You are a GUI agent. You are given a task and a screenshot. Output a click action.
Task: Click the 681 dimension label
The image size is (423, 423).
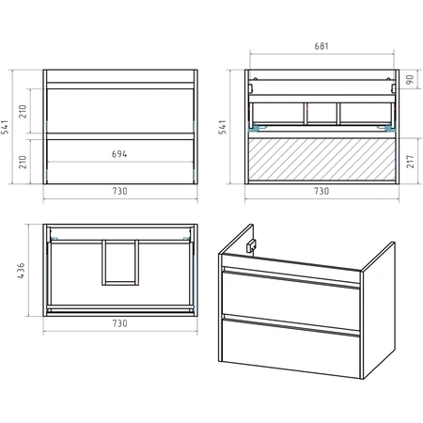click(x=321, y=46)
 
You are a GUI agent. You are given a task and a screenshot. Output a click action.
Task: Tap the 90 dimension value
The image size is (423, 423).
click(x=410, y=79)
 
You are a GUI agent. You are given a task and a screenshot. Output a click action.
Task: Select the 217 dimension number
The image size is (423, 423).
click(x=410, y=162)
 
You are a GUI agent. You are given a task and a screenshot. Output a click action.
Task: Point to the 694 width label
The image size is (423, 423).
click(x=119, y=154)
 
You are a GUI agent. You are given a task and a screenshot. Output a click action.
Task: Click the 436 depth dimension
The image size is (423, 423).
click(x=21, y=271)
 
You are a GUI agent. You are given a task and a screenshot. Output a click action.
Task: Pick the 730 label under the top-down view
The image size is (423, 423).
click(x=119, y=323)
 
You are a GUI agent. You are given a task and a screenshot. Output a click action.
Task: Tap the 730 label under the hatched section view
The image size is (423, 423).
click(x=321, y=191)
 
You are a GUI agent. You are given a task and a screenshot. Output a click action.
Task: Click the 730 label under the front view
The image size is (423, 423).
click(x=119, y=191)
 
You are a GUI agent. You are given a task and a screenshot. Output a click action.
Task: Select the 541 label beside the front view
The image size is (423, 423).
click(x=5, y=127)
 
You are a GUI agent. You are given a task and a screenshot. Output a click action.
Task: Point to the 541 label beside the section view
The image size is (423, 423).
click(x=222, y=127)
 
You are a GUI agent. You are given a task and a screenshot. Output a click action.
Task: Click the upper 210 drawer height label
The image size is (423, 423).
click(x=23, y=112)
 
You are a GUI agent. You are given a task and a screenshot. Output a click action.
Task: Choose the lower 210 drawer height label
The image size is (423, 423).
click(x=23, y=162)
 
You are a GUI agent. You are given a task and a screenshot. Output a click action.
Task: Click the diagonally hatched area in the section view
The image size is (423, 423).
click(x=321, y=160)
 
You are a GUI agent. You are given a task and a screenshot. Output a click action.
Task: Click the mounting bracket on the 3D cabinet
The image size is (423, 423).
click(x=251, y=245)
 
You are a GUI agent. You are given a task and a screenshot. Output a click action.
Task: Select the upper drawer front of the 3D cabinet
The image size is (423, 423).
click(x=290, y=293)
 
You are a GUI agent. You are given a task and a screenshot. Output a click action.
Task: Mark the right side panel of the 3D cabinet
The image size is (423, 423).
click(x=379, y=310)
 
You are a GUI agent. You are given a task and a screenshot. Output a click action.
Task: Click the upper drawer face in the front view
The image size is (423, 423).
click(x=120, y=111)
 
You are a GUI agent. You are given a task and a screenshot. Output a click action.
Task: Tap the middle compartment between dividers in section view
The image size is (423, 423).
click(x=322, y=113)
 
